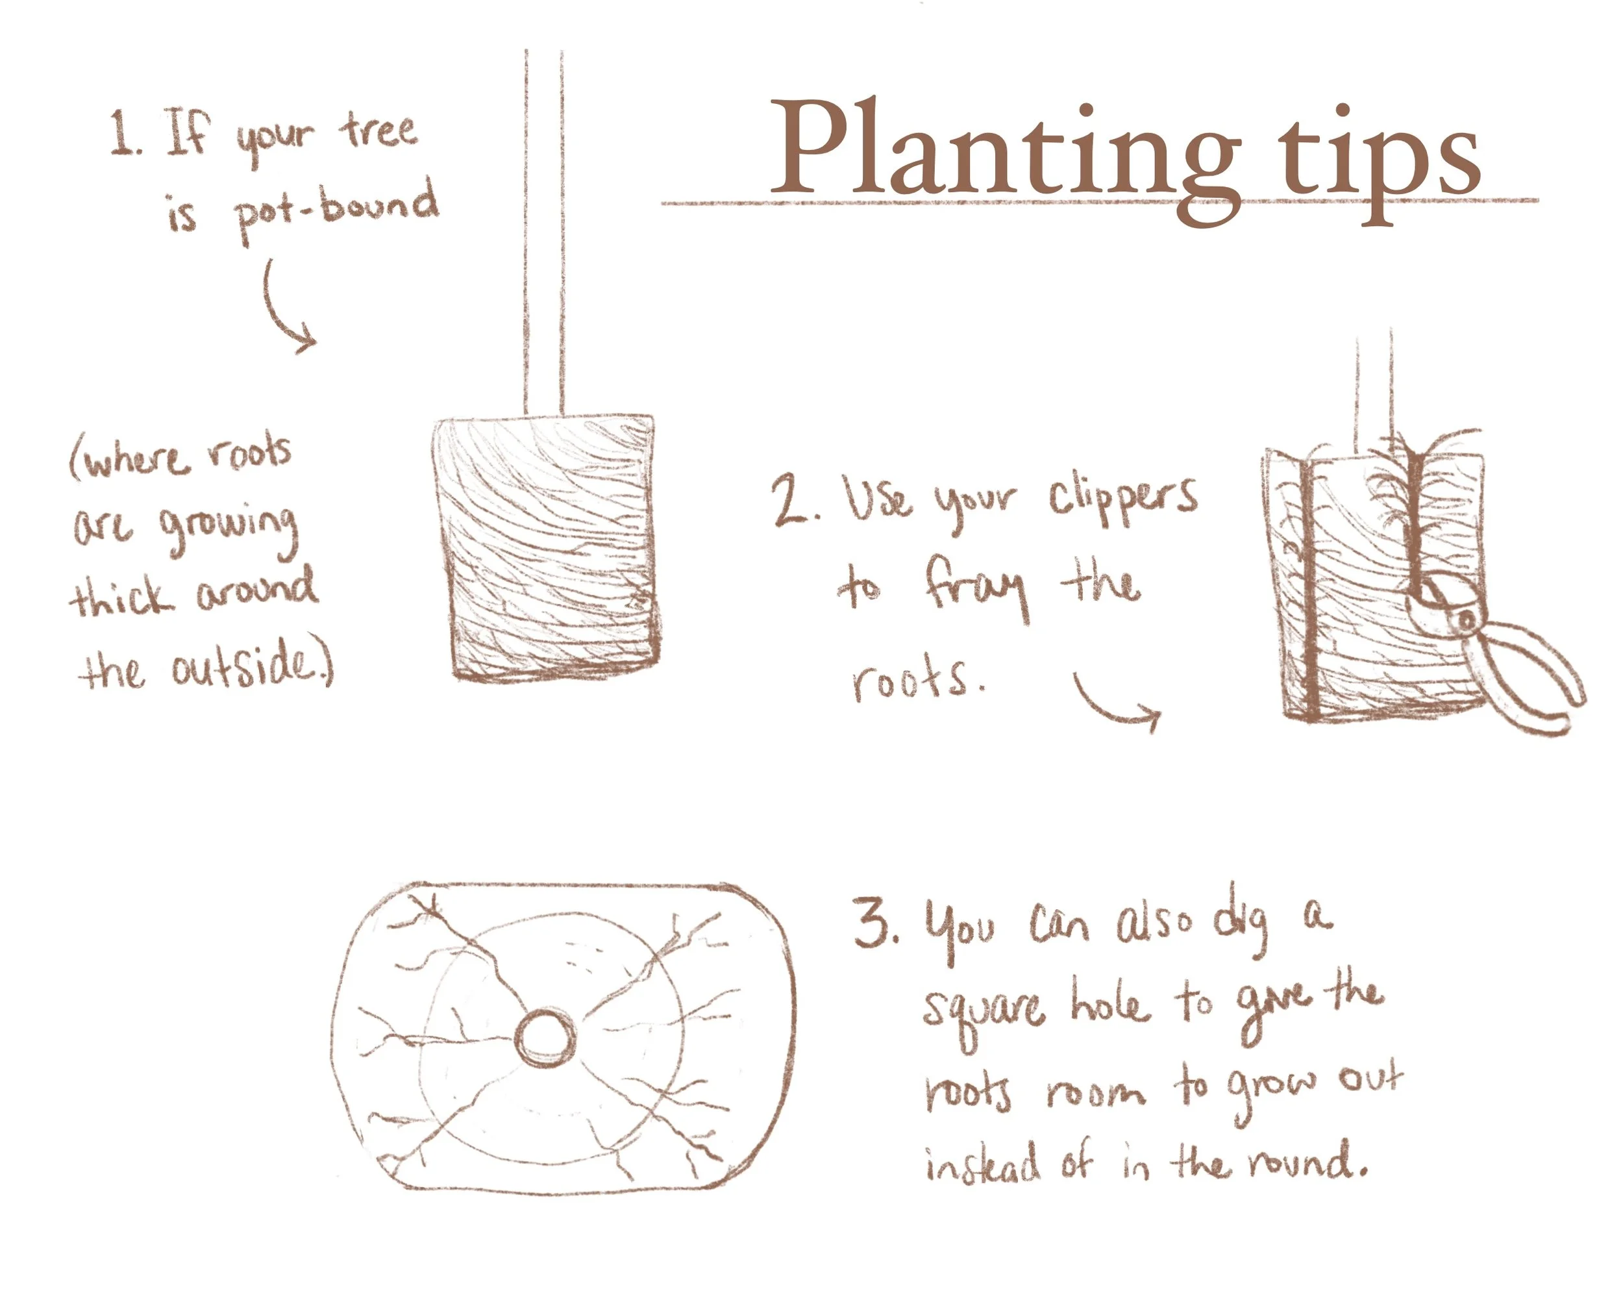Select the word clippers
pos(1122,497)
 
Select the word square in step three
pos(982,1009)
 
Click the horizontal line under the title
pos(1099,202)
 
